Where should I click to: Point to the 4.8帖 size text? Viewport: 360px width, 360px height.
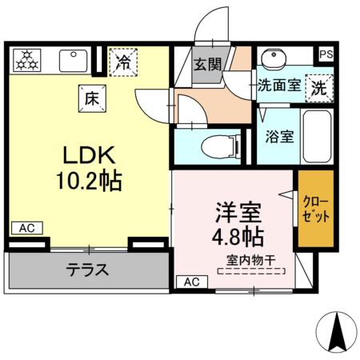(238, 238)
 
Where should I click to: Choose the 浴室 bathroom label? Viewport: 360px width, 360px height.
(280, 135)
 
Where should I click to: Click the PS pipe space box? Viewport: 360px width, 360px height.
(326, 54)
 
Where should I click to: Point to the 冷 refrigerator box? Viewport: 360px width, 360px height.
(123, 62)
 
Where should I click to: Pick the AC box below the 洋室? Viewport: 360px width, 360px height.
(191, 282)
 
